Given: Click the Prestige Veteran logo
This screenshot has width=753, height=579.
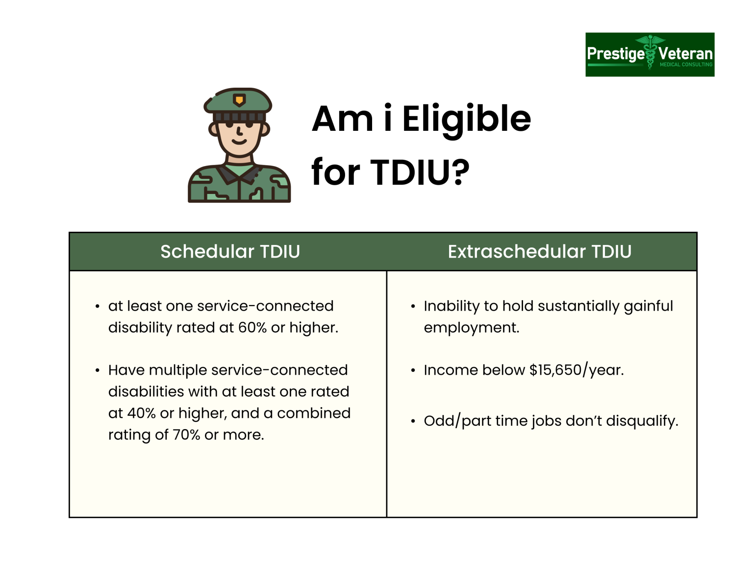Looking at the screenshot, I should pyautogui.click(x=650, y=54).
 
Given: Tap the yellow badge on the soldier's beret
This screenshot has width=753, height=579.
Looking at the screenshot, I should pyautogui.click(x=239, y=100).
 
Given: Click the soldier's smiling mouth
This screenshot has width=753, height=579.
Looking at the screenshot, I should pyautogui.click(x=239, y=142).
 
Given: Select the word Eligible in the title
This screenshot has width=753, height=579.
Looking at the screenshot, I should pyautogui.click(x=466, y=119).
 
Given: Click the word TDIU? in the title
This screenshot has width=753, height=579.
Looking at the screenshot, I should pyautogui.click(x=420, y=172).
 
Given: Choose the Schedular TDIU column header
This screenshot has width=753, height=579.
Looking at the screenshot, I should pyautogui.click(x=230, y=252).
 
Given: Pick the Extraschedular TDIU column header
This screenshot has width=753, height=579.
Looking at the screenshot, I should pyautogui.click(x=539, y=252).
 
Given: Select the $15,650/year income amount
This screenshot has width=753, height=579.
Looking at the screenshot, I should pyautogui.click(x=577, y=370).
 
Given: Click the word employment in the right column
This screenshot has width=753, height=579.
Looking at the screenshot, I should pyautogui.click(x=471, y=328).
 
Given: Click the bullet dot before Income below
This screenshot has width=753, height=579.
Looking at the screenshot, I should pyautogui.click(x=413, y=370).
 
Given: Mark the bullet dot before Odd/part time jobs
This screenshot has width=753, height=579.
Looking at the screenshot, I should pyautogui.click(x=413, y=421).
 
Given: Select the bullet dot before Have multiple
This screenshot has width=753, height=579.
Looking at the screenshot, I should pyautogui.click(x=98, y=370).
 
